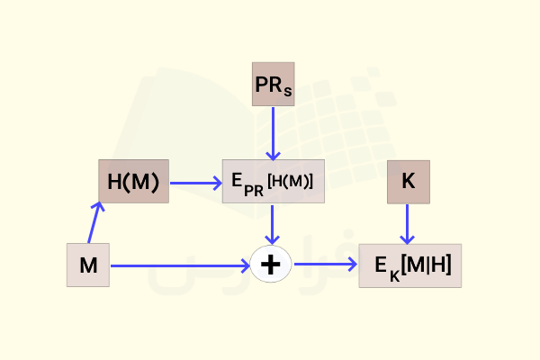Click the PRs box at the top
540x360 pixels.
click(273, 84)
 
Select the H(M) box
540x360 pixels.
click(133, 181)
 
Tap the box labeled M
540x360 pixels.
click(88, 265)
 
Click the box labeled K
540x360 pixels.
click(409, 182)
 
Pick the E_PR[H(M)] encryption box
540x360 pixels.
click(274, 181)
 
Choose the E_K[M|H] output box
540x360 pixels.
click(410, 265)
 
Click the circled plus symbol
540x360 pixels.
click(271, 265)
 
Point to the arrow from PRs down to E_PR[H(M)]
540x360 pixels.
click(273, 134)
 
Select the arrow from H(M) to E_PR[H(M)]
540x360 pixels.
click(196, 183)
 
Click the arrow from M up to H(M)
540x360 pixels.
click(94, 222)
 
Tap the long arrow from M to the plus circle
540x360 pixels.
click(180, 265)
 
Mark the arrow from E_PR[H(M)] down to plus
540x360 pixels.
click(272, 225)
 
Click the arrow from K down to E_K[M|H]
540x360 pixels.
click(407, 224)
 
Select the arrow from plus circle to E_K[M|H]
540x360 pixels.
click(326, 265)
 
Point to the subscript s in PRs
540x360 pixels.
click(288, 92)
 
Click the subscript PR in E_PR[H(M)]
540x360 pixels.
click(254, 191)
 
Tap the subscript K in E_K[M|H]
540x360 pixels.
click(395, 276)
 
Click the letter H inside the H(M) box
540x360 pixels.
click(114, 182)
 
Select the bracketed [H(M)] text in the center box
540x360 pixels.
click(291, 181)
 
